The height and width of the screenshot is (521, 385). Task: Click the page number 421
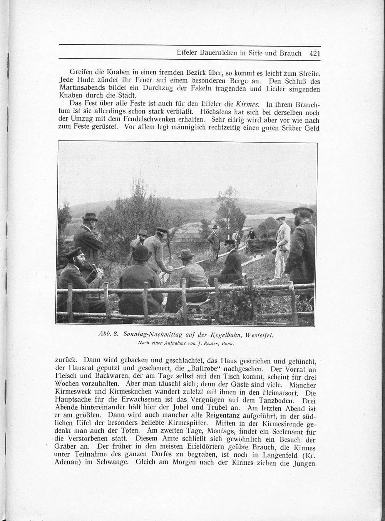315,54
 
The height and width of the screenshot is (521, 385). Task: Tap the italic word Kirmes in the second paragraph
247,104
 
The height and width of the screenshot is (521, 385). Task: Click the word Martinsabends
80,89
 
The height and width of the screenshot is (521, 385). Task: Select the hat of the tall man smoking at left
90,216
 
